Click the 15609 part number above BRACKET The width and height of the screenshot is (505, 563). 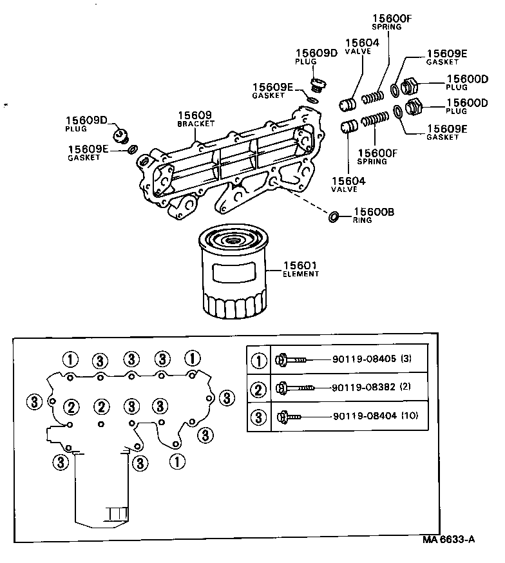coord(195,115)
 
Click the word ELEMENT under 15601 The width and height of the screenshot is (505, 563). coord(301,274)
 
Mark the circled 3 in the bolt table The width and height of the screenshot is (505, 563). coord(258,417)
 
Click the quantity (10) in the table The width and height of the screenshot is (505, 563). coord(410,416)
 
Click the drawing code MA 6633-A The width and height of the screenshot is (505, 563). coord(448,539)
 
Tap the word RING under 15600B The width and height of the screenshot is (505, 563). coord(362,220)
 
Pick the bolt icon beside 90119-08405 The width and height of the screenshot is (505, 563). coord(294,359)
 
